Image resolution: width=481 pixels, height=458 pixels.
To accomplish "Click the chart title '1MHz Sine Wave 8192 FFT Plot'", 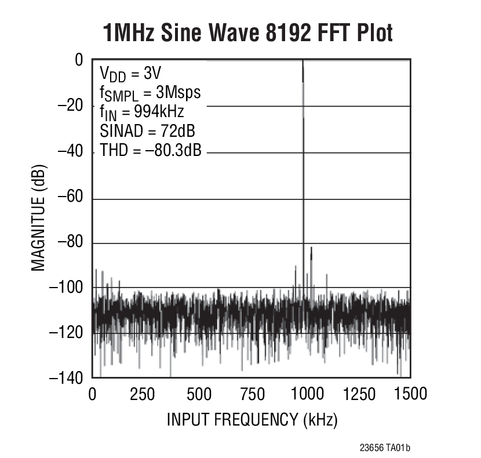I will [247, 33].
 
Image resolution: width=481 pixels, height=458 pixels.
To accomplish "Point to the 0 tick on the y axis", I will [78, 60].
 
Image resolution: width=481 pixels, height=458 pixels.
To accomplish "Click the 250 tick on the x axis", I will [143, 395].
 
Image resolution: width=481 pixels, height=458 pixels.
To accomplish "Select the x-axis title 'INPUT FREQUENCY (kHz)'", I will [252, 419].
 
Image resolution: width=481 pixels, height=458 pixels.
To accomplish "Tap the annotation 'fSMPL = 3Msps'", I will [150, 93].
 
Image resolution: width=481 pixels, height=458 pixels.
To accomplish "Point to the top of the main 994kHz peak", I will [303, 62].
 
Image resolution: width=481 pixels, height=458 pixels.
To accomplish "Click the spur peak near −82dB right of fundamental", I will [311, 249].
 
